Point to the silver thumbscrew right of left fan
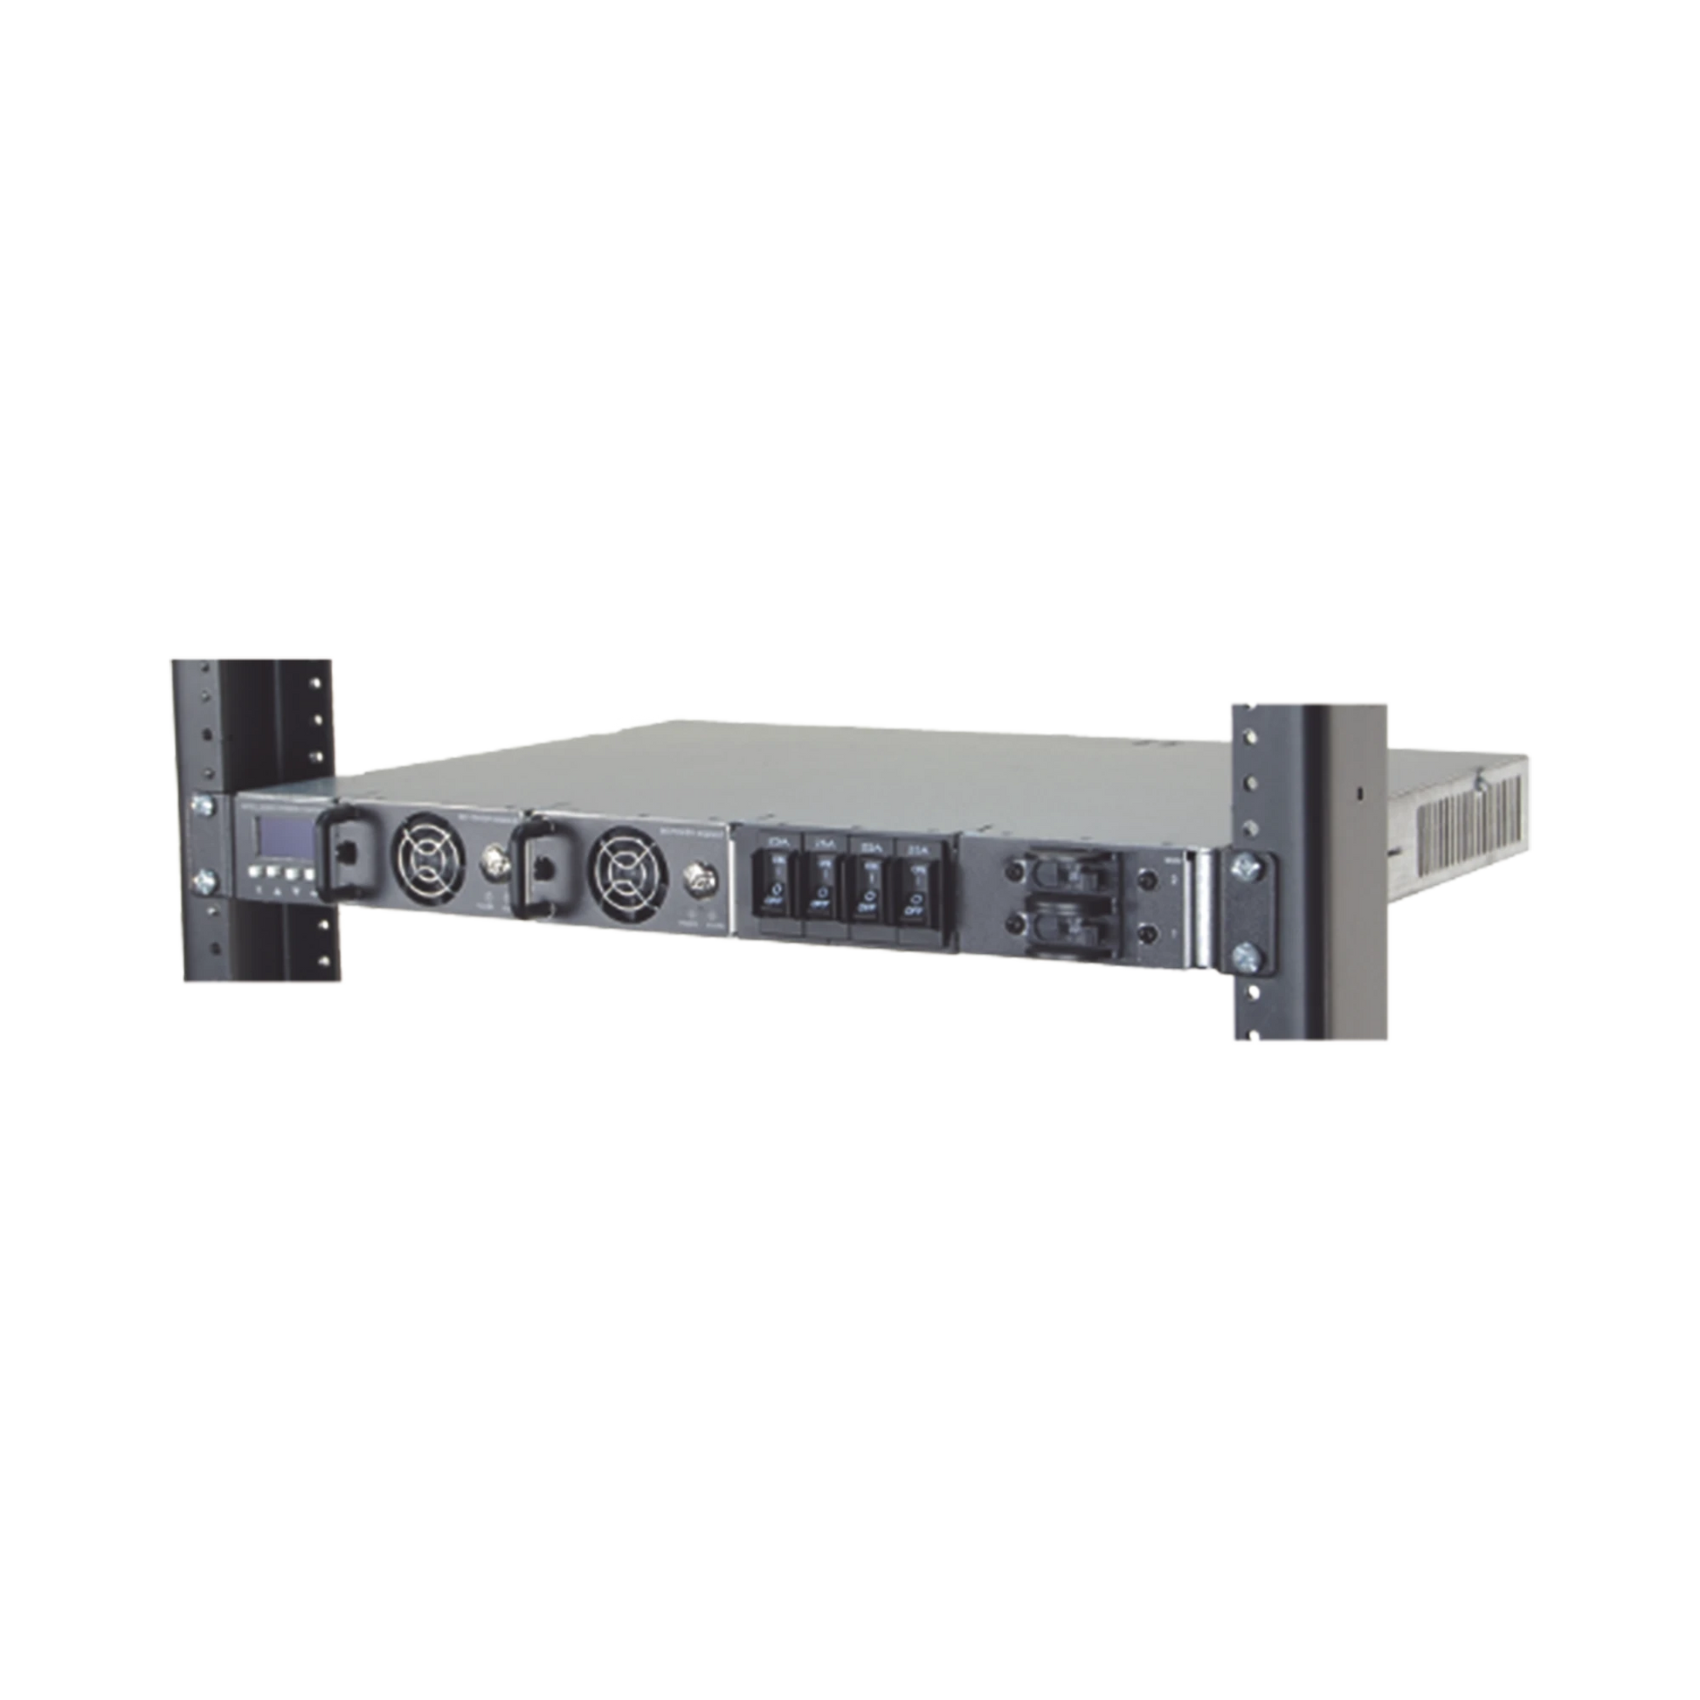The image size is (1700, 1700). [x=489, y=879]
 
